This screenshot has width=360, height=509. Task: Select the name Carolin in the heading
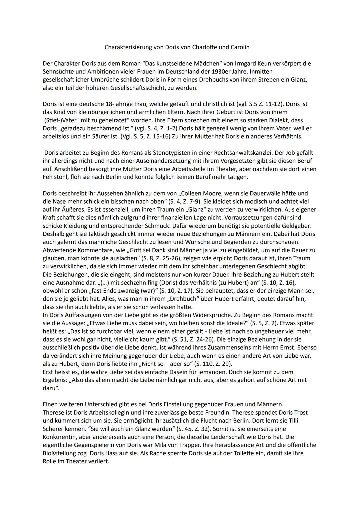(x=240, y=47)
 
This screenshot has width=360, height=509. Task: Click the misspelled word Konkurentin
(x=59, y=437)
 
